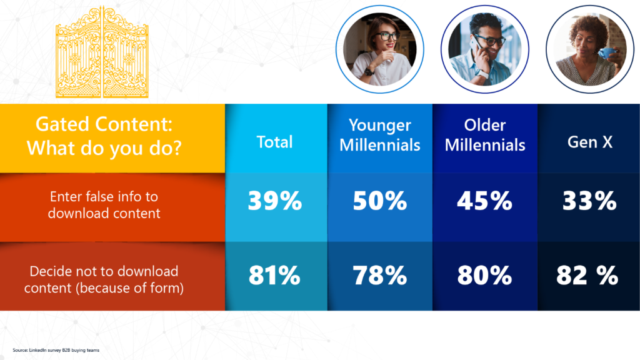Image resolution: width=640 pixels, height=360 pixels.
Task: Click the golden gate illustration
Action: coord(102,52)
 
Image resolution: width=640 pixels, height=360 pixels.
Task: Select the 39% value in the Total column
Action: coord(275,201)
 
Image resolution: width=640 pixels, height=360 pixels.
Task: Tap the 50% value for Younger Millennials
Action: coord(379,201)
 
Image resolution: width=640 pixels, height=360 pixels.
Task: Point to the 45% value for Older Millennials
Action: coord(484,201)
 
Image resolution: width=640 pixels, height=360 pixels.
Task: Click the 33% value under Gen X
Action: coord(589,201)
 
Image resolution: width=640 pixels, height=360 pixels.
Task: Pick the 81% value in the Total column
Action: coord(275,276)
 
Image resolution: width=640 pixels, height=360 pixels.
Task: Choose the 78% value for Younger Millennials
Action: coord(379,276)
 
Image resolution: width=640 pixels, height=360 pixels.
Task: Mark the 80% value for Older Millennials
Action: coord(484,276)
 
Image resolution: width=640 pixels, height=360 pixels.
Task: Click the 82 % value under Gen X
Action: coord(587,276)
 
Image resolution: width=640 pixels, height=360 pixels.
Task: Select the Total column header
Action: coord(275,142)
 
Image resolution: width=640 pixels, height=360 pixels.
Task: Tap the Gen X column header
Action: coord(590,142)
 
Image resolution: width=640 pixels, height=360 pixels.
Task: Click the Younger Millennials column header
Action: coord(379,135)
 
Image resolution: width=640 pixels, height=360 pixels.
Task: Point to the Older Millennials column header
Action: coord(485,135)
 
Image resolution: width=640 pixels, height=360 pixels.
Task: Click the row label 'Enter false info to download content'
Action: coord(104,205)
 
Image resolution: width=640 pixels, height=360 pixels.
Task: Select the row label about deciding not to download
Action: coord(104,279)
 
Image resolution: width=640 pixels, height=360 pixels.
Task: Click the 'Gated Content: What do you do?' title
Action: coord(104,136)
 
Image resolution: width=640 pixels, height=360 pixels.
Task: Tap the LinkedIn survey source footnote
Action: coord(56,350)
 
